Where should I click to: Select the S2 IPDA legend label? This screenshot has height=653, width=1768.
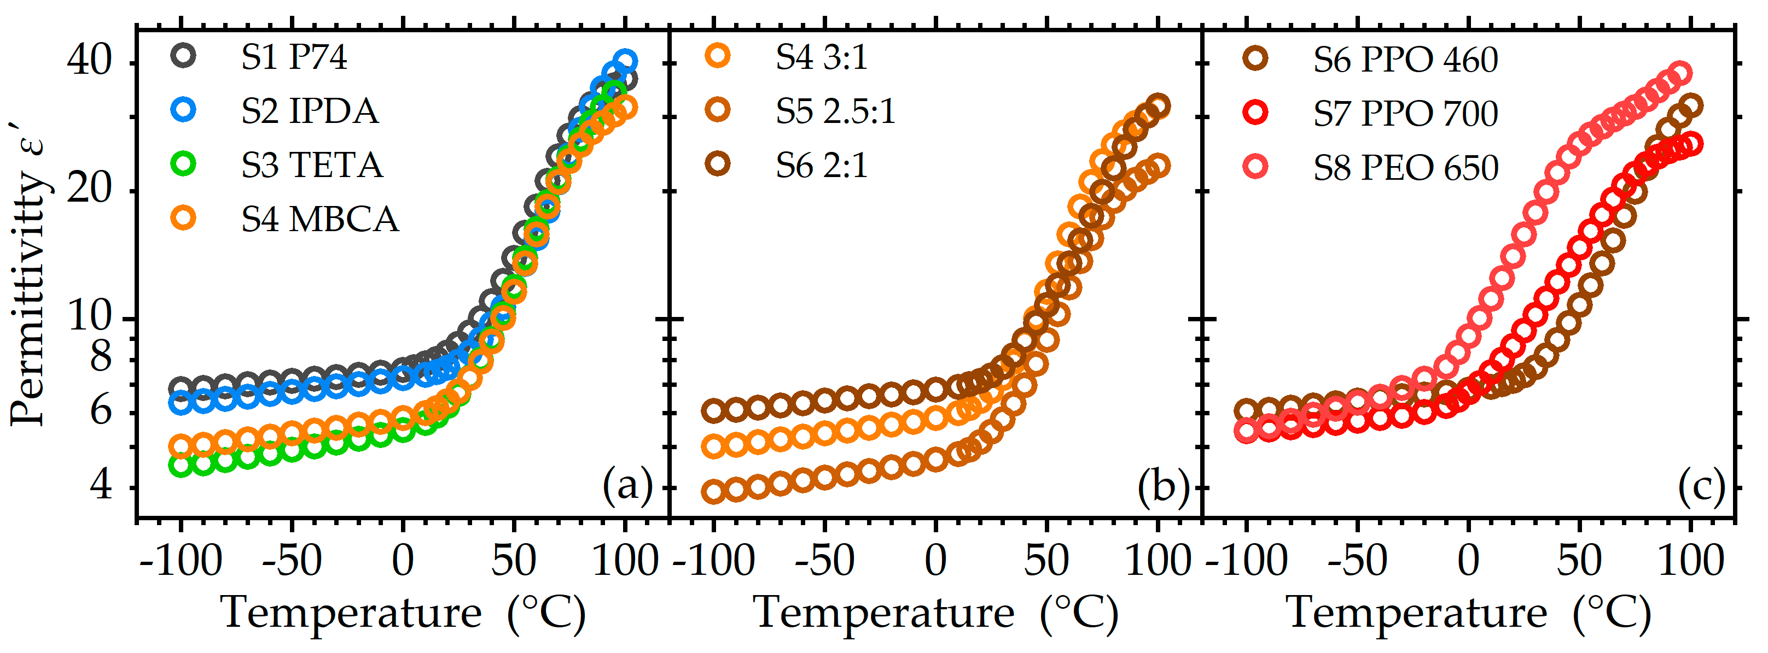[309, 111]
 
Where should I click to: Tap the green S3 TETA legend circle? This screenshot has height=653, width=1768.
[183, 164]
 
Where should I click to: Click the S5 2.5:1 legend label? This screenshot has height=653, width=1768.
[835, 111]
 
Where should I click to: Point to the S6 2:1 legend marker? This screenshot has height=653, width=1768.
[718, 164]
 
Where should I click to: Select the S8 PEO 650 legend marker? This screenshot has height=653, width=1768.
[1255, 167]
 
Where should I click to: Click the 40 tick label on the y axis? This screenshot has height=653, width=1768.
[89, 60]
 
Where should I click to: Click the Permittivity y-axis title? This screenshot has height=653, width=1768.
[29, 274]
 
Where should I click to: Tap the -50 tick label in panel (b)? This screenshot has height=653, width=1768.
[824, 561]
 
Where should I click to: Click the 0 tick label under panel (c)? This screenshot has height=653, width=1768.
[1469, 561]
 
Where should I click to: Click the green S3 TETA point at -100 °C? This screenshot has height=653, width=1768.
[181, 466]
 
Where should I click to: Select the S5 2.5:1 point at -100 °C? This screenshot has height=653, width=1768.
[714, 492]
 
